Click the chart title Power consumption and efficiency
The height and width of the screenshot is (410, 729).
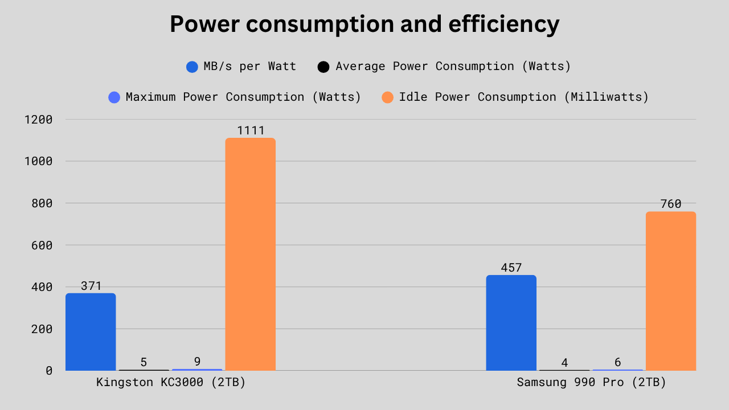[x=364, y=24]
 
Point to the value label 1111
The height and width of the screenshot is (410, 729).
[x=251, y=130]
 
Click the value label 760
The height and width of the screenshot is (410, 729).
[x=670, y=204]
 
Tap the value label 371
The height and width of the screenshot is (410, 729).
[x=91, y=286]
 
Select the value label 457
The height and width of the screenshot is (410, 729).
[x=511, y=268]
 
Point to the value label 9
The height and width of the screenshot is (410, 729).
[x=197, y=362]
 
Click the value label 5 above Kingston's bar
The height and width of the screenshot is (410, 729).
[x=144, y=362]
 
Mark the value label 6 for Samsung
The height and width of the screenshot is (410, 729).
[x=617, y=362]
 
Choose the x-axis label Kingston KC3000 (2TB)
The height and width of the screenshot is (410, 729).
[x=171, y=383]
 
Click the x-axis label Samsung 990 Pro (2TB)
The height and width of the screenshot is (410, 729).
[x=591, y=383]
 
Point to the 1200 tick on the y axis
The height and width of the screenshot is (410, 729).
[x=38, y=120]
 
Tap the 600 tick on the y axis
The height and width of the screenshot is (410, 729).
[x=42, y=245]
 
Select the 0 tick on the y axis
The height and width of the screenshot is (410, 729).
[x=49, y=371]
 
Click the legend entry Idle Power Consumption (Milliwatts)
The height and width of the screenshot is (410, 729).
[x=523, y=97]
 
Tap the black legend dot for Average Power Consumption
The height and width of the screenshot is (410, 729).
[x=323, y=67]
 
